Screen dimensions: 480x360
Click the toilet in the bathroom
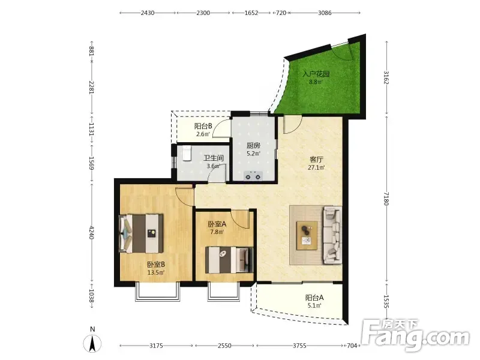(x=187, y=153)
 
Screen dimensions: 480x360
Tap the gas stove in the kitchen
(x=253, y=176)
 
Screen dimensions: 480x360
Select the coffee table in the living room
(x=307, y=235)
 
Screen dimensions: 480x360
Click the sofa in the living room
(x=332, y=235)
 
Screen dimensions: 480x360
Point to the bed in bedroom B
(x=141, y=233)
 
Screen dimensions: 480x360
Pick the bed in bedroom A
(x=229, y=260)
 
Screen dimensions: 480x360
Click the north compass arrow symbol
(x=92, y=343)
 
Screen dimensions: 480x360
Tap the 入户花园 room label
(x=316, y=74)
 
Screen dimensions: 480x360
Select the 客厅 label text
(x=317, y=160)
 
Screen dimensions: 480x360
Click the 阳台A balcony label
(x=314, y=298)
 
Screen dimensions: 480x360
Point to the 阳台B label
(x=203, y=126)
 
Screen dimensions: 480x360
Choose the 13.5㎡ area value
(x=156, y=272)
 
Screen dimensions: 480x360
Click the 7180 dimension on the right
(x=386, y=199)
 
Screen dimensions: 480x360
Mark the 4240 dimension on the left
(x=92, y=233)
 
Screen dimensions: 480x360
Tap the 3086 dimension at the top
(x=325, y=13)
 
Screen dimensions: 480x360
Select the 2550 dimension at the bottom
(x=224, y=346)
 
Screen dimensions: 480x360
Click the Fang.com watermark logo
(x=415, y=335)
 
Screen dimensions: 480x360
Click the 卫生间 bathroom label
(x=214, y=158)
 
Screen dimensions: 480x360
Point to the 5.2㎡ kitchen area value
(x=253, y=154)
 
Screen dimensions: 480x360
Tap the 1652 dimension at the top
(x=251, y=13)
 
